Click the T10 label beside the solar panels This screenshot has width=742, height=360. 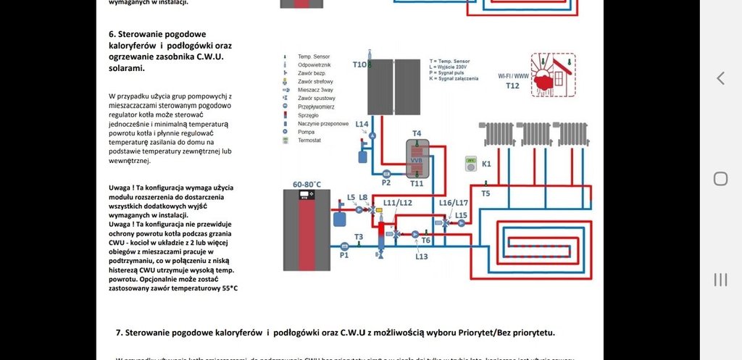359,64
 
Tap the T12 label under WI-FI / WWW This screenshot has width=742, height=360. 512,85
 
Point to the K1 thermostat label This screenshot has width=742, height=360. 486,164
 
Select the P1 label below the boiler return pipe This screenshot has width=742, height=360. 344,255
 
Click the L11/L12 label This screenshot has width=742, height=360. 397,203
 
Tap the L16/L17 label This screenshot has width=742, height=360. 454,203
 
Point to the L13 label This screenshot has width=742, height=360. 422,256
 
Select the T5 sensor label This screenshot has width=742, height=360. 485,193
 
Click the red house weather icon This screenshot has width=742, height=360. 553,74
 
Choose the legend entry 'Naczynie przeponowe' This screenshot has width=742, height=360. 323,123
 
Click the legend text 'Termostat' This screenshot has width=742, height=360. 309,141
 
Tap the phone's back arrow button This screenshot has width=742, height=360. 720,78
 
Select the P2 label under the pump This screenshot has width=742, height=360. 386,183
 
